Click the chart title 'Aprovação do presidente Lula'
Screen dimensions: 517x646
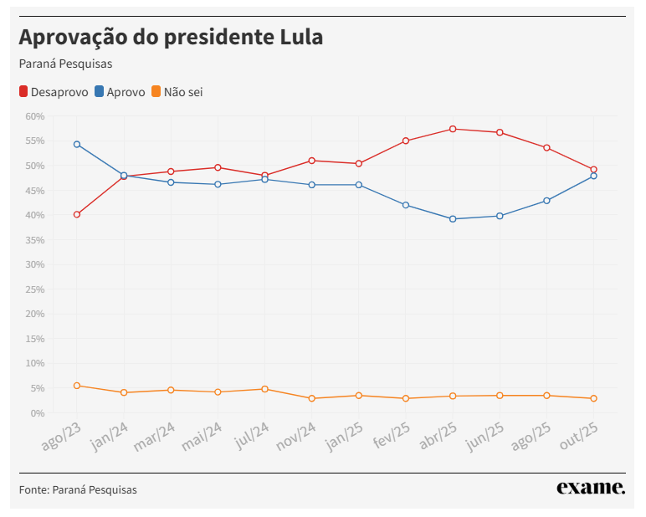tap(171, 38)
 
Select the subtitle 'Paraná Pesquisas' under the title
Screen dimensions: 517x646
tap(65, 64)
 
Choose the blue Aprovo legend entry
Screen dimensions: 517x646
tap(120, 92)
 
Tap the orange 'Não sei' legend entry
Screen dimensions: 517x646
tap(177, 92)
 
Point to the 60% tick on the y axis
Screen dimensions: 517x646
tap(34, 116)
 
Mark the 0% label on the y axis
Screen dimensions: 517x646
tap(37, 413)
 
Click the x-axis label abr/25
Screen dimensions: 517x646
tap(438, 436)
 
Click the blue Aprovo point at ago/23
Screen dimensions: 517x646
tap(77, 144)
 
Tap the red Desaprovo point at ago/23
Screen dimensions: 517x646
tap(77, 214)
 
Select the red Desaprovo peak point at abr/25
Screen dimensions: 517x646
tap(453, 129)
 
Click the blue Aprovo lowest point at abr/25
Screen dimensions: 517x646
tap(453, 219)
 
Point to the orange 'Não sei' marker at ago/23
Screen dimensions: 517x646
tap(77, 386)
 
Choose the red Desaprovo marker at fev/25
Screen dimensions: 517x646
tap(406, 141)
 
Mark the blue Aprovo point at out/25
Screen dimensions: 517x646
tap(593, 176)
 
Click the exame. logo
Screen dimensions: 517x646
tap(591, 488)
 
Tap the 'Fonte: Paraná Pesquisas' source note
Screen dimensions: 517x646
tap(78, 489)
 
